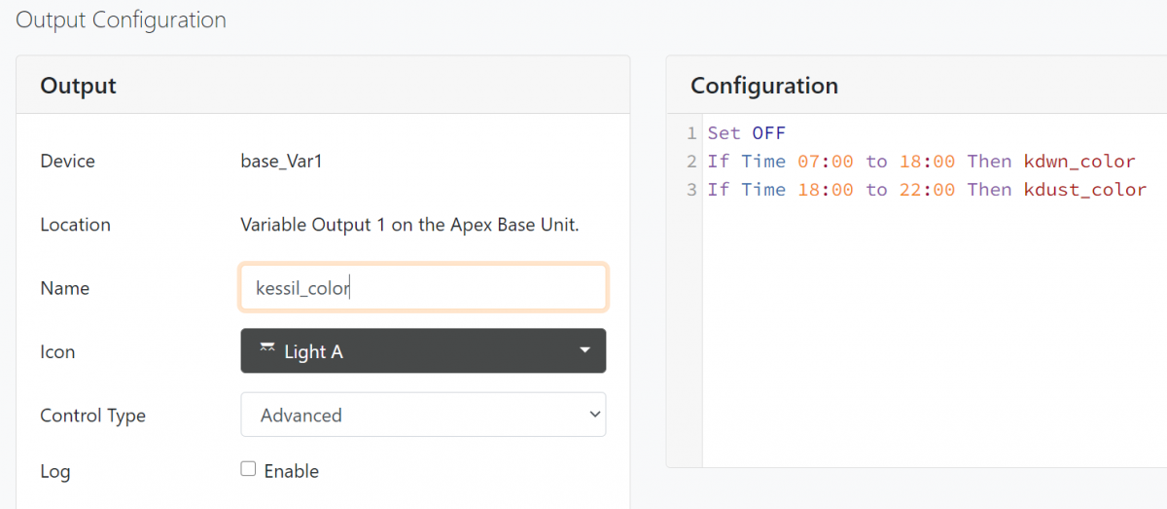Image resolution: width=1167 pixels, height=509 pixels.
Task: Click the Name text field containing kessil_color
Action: click(x=423, y=287)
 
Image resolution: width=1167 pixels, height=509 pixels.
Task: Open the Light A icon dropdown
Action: click(x=423, y=351)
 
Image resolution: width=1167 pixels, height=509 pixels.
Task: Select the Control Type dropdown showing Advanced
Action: click(x=423, y=415)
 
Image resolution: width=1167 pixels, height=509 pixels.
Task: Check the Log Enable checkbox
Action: click(x=248, y=469)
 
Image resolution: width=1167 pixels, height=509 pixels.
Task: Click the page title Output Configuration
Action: click(x=121, y=19)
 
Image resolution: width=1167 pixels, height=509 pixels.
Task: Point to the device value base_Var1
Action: click(x=281, y=162)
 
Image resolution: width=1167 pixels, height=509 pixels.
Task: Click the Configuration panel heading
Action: click(x=764, y=86)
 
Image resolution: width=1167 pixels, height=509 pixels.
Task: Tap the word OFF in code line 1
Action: click(x=768, y=133)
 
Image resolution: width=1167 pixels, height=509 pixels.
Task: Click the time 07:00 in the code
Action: click(x=826, y=162)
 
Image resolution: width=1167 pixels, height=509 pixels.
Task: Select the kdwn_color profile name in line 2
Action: click(x=1079, y=162)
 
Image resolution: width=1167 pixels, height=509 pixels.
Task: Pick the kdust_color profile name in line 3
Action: click(x=1084, y=190)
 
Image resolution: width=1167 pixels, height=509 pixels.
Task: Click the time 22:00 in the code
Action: click(x=927, y=190)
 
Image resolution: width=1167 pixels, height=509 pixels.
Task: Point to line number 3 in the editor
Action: click(x=691, y=190)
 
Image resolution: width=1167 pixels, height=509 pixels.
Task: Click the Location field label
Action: click(x=76, y=225)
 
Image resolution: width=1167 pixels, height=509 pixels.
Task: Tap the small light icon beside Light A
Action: click(x=267, y=347)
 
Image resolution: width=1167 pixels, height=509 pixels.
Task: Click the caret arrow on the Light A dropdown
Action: click(x=585, y=350)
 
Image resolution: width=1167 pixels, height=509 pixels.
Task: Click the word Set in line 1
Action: click(x=724, y=133)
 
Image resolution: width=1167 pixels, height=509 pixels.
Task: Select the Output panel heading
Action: click(x=78, y=86)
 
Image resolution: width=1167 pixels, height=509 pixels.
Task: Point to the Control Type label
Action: click(x=92, y=416)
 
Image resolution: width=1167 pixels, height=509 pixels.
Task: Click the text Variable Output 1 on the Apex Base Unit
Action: click(x=409, y=225)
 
